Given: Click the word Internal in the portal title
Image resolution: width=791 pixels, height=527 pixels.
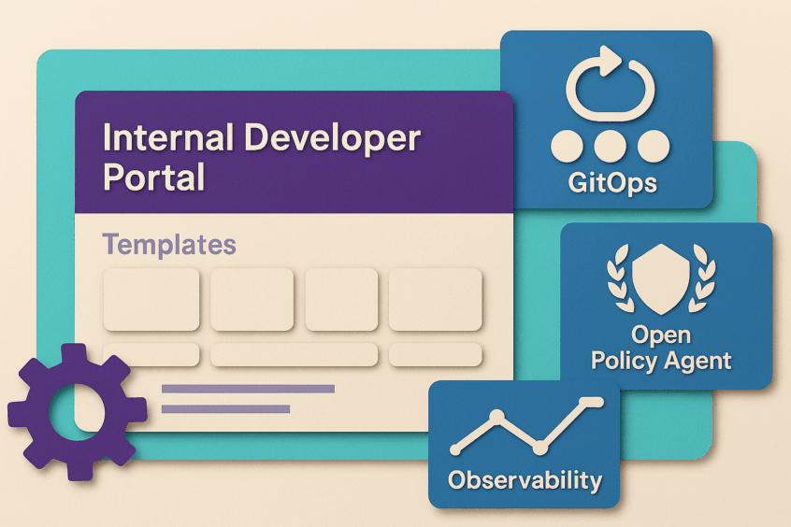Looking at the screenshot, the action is (168, 137).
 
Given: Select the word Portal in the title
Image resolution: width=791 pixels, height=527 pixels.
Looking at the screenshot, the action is (154, 177).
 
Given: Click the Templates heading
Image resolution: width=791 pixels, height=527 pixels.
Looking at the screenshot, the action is (169, 245).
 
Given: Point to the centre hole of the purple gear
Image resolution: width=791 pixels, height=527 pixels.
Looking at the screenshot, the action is (77, 412).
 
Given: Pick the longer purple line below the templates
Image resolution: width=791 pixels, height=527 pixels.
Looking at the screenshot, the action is (248, 389).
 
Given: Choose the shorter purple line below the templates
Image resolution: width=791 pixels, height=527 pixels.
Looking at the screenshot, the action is (225, 409).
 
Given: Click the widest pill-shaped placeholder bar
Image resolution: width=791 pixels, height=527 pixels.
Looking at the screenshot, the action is (294, 354).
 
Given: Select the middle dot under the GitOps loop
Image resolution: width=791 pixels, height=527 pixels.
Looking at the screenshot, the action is (610, 147).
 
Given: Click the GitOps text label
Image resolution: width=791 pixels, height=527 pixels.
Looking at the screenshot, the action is (612, 182).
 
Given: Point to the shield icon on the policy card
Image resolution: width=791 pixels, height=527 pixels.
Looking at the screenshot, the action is (661, 278).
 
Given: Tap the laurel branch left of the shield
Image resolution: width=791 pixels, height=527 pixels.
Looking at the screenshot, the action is (620, 278).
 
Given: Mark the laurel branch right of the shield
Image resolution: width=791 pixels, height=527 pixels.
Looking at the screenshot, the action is (702, 278).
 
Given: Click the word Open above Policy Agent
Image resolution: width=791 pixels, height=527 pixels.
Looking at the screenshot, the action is (661, 335).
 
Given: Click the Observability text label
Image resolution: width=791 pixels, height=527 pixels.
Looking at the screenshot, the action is (525, 480).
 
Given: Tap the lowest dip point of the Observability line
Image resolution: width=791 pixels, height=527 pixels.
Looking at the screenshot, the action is (540, 447).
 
